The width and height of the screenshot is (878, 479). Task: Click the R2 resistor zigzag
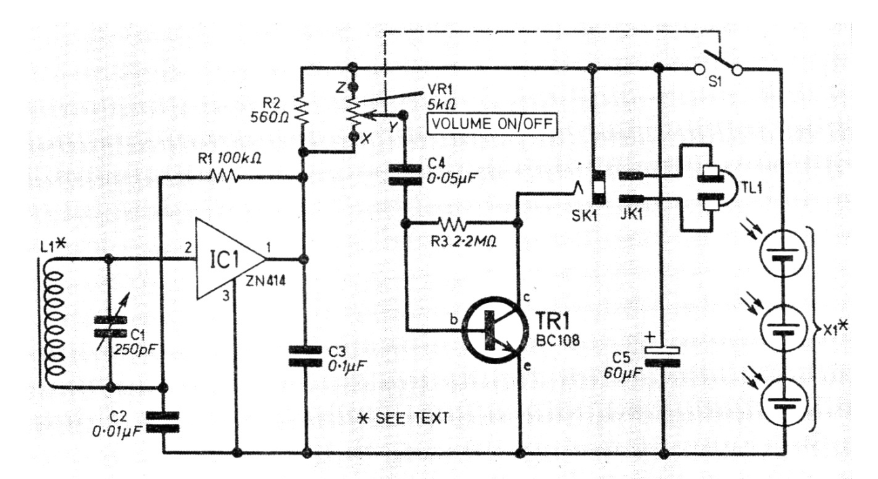click(x=303, y=112)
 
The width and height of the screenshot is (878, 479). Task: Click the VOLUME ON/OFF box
click(x=492, y=124)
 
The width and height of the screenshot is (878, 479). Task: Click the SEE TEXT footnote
click(x=405, y=417)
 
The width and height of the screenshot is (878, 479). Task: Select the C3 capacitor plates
click(x=305, y=356)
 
